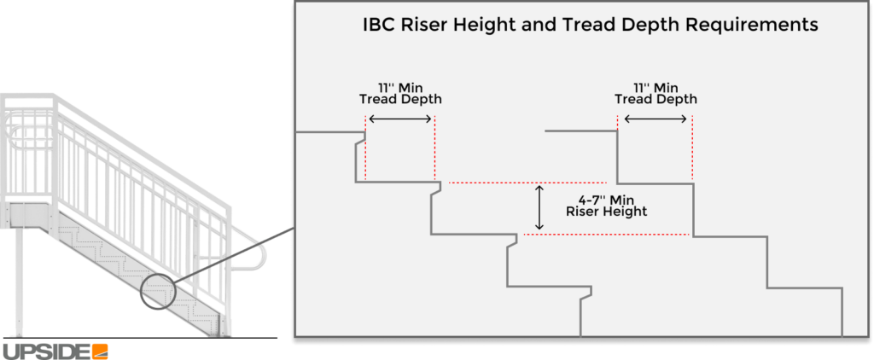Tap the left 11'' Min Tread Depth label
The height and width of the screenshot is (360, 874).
(399, 93)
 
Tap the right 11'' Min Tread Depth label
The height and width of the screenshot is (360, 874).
(655, 93)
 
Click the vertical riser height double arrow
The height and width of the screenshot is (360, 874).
(539, 208)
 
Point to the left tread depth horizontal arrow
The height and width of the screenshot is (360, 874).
(399, 119)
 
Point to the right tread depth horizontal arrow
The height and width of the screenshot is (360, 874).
(655, 119)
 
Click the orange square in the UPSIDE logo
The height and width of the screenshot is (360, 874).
(101, 351)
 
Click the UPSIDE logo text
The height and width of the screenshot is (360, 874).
(46, 351)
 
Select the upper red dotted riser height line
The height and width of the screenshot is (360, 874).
(527, 183)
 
